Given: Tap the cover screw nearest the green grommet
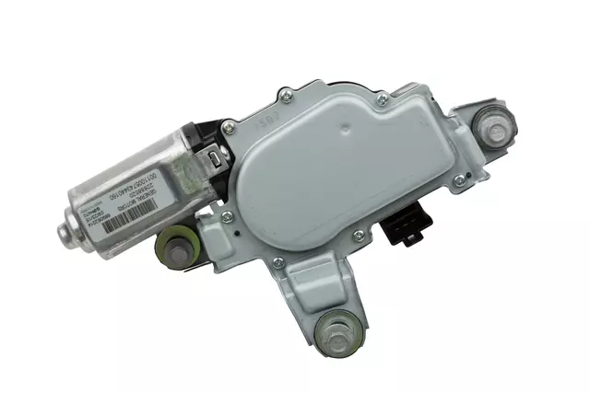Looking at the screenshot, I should pos(226,217).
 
